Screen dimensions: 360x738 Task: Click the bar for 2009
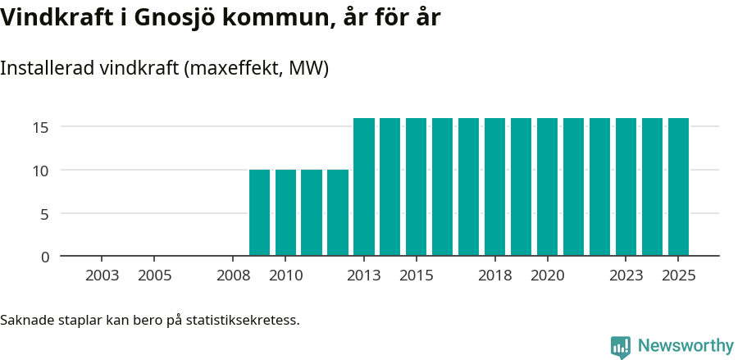point(259,212)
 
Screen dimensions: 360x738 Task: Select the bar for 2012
point(338,212)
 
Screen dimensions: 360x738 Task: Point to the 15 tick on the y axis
point(41,127)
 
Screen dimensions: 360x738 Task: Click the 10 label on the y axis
point(41,171)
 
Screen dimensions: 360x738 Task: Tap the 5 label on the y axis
point(45,214)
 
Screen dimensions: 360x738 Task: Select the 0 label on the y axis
point(45,257)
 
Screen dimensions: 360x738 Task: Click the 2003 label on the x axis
point(102,276)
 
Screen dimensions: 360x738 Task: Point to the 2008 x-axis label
point(233,276)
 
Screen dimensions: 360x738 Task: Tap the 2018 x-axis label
point(494,276)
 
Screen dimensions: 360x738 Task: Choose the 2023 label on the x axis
point(626,276)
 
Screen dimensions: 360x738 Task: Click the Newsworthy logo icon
point(621,346)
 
